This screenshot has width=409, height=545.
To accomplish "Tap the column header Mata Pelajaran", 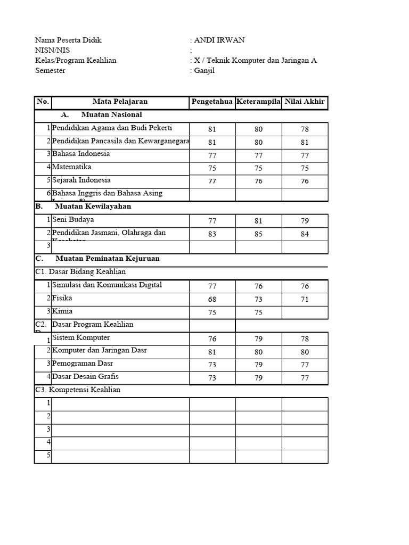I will [x=120, y=102].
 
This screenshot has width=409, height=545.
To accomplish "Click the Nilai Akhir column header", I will [x=305, y=102].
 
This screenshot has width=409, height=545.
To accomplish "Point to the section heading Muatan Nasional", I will [x=111, y=115].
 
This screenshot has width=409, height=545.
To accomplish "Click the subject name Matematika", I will [x=72, y=167].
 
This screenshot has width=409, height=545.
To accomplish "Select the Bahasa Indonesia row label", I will [x=81, y=154].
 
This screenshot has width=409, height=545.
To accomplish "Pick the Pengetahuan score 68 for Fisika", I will [x=212, y=300].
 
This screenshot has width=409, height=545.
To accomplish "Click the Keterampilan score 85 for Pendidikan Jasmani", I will [x=258, y=234].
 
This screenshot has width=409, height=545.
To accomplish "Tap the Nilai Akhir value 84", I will [x=305, y=234].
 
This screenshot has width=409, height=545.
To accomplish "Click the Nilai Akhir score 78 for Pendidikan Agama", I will [x=305, y=129].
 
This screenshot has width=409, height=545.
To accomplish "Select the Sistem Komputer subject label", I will [x=81, y=338].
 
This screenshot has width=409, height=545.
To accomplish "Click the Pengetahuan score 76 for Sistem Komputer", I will [x=212, y=339].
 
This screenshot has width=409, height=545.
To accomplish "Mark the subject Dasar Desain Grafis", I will [x=85, y=377].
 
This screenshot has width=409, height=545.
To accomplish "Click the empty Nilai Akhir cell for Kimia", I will [x=305, y=313].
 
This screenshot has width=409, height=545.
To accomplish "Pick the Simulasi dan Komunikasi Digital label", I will [x=107, y=285].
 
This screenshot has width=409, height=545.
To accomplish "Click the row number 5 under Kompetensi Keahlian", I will [x=48, y=456].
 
